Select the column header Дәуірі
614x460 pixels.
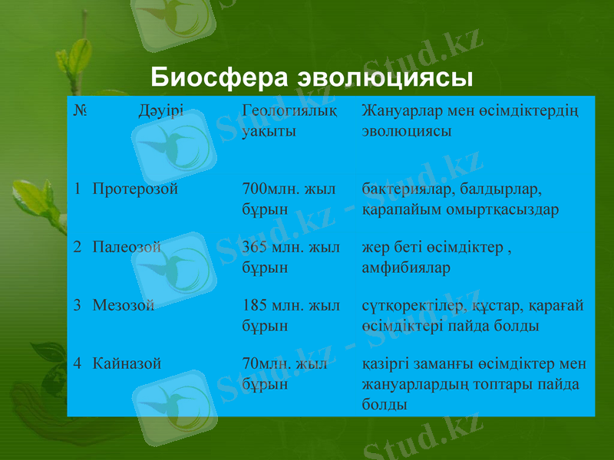161,111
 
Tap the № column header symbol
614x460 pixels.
80,111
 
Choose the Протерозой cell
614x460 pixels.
135,189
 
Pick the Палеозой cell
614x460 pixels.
127,247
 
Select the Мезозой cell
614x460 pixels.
124,305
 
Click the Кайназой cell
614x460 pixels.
127,363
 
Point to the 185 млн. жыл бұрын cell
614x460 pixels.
290,315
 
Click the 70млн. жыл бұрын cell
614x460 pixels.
284,373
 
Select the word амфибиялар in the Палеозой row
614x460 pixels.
405,268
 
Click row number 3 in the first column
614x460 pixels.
78,305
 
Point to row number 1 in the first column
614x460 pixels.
78,189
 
